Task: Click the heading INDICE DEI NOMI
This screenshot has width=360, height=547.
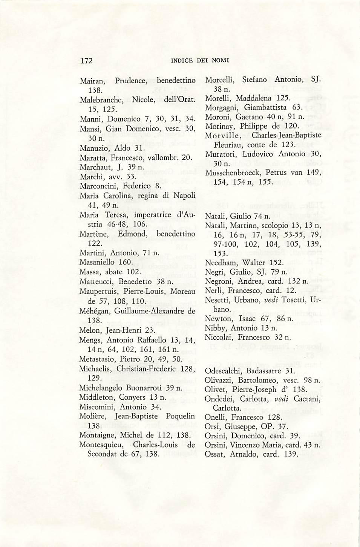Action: click(x=200, y=61)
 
